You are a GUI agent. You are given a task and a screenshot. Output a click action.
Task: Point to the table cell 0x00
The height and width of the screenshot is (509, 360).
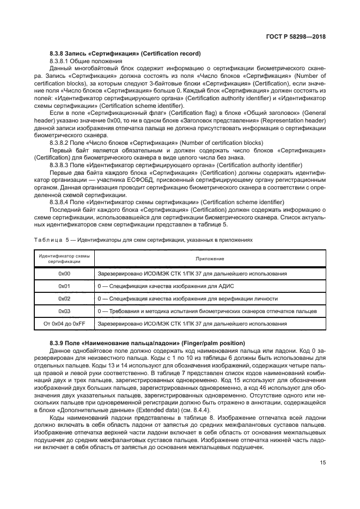(64, 274)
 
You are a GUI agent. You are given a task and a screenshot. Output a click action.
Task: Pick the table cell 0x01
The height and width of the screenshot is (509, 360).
(64, 286)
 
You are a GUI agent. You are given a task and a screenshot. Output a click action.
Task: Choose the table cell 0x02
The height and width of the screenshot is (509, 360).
(64, 299)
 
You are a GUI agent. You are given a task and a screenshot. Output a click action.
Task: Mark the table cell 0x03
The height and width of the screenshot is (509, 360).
(64, 311)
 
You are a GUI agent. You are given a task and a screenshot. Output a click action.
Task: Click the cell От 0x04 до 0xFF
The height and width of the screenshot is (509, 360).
(64, 324)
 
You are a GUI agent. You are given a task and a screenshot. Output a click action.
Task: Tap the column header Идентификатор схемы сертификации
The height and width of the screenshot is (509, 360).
(64, 259)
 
